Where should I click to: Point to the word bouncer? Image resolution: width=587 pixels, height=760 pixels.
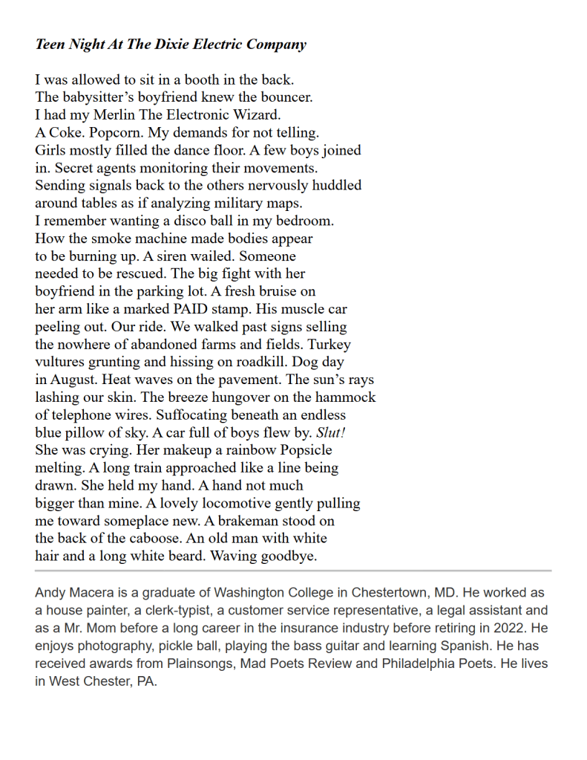286,97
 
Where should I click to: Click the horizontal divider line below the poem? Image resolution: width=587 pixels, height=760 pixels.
293,571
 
